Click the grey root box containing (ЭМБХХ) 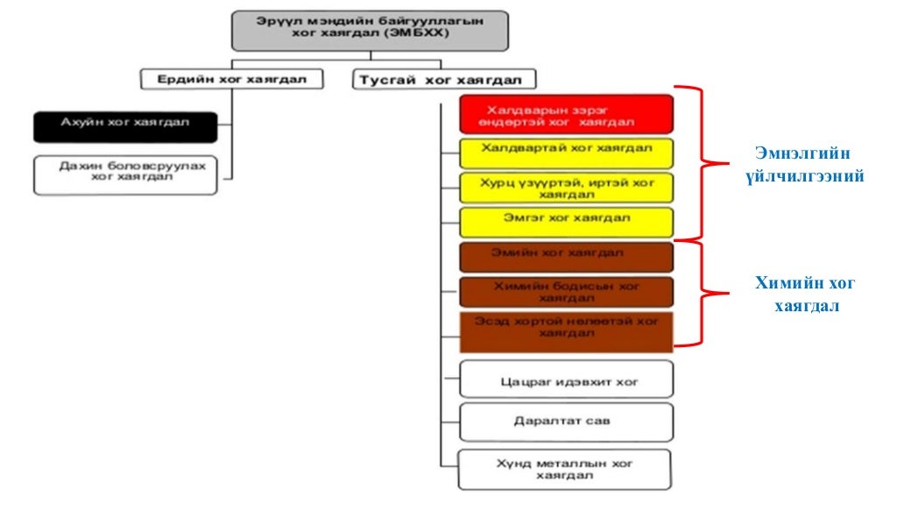pos(371,31)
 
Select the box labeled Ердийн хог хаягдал pos(231,79)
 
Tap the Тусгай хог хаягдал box pos(443,80)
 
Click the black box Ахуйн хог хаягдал pos(124,126)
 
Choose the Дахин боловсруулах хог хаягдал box pos(124,174)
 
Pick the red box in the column pos(566,114)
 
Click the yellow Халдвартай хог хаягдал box pos(566,152)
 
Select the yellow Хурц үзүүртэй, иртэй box pos(566,188)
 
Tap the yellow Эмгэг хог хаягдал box pos(566,221)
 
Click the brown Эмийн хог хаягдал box pos(566,256)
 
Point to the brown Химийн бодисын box pos(566,291)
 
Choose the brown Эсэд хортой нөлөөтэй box pos(566,330)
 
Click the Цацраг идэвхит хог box pos(566,380)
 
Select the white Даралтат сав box pos(566,422)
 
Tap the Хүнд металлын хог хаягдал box pos(566,469)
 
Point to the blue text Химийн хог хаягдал pos(806,295)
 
